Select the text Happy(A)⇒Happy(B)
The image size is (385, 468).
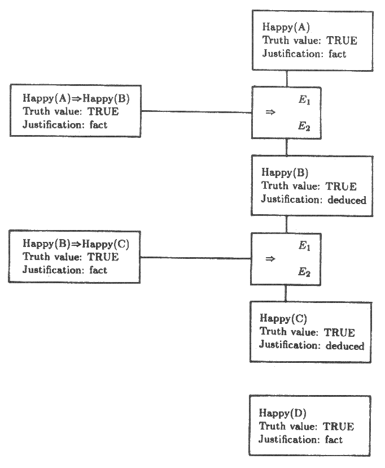pos(76,98)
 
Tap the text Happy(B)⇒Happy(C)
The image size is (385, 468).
pos(76,244)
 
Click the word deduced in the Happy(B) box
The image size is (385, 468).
pos(347,200)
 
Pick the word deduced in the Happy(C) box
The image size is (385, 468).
pos(345,346)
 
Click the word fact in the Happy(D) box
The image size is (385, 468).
pos(334,440)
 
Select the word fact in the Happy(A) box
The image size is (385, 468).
pos(336,54)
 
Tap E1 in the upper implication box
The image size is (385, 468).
pos(304,101)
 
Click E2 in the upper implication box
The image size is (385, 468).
pos(304,127)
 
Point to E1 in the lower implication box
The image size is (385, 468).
pos(304,246)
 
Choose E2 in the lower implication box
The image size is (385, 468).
pos(304,272)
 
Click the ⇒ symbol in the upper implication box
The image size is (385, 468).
pos(270,112)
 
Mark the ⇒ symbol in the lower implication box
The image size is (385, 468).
pos(270,258)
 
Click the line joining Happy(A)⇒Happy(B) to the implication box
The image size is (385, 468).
pos(196,112)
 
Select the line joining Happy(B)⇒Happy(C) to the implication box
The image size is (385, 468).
pos(195,258)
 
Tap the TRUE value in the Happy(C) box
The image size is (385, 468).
pos(339,332)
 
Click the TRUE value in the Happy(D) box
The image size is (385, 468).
pos(338,426)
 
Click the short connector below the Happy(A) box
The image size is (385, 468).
pos(287,79)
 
